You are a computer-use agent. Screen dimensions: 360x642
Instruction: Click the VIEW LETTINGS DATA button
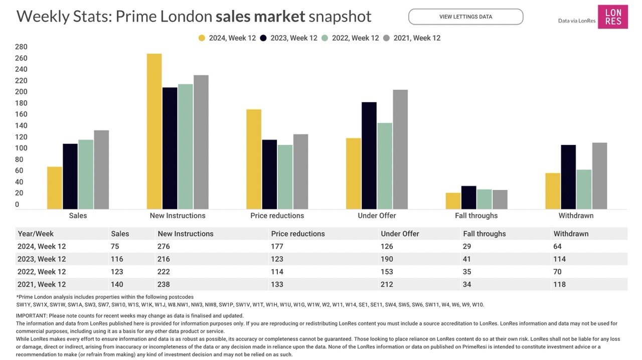point(465,17)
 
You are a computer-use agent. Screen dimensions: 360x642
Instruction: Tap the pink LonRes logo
point(612,17)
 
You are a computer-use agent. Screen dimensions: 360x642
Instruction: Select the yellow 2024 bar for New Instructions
point(154,131)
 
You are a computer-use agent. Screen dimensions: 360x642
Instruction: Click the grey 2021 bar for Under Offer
point(400,149)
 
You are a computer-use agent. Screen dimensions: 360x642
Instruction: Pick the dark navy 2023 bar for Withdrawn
point(568,177)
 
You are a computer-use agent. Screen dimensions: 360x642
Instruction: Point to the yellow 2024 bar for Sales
point(55,188)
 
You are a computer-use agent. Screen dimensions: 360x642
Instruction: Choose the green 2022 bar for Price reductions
point(285,177)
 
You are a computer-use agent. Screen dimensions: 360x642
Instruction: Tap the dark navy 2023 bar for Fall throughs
point(469,198)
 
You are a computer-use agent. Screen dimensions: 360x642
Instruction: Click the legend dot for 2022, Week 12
point(325,38)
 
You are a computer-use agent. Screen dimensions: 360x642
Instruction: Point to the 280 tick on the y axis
point(21,47)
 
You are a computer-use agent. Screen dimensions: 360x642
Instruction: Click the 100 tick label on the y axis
point(21,148)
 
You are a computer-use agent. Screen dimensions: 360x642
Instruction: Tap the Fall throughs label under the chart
point(476,216)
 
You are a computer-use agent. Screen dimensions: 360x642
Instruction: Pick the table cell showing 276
point(164,246)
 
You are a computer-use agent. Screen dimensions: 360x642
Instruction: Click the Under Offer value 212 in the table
point(387,284)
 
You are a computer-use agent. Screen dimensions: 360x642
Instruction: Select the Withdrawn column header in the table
point(571,234)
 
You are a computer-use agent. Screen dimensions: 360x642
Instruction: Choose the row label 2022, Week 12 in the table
point(42,272)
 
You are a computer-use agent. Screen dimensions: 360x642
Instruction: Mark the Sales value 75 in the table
point(115,246)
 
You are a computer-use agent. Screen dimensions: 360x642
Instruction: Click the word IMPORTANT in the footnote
point(31,316)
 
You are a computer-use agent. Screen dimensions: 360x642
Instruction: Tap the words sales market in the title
point(260,17)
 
